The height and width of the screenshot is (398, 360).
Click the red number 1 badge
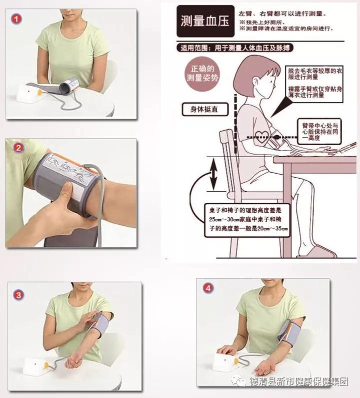coord(16,19)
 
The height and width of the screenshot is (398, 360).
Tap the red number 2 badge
coord(18,148)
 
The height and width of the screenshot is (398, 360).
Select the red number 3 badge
coord(18,295)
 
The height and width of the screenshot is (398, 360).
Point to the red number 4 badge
coord(208,288)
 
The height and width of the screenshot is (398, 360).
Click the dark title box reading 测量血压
coord(205,21)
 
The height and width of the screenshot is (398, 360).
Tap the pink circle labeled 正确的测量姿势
coord(202,74)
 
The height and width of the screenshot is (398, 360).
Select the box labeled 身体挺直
coord(205,110)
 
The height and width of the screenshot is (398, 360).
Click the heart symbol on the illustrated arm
coord(261,137)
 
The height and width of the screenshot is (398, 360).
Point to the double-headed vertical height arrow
coord(213,174)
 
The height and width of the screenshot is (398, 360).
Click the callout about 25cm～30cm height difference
coord(247,220)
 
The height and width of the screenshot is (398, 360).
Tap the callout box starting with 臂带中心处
coord(319,132)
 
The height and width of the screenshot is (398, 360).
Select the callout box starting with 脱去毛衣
coord(314,84)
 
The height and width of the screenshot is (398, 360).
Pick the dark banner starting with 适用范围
coord(235,48)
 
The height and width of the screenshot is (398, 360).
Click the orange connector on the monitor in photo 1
coord(39,93)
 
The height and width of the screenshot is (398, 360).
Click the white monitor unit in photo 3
coord(35,366)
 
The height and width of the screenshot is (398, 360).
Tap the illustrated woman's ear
coord(255,82)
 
